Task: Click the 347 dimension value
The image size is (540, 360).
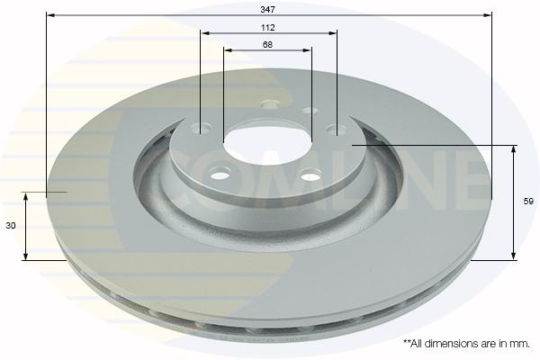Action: (267, 10)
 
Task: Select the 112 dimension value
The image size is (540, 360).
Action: (267, 28)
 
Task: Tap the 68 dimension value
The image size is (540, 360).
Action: (267, 45)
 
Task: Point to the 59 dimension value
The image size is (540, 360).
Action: (528, 202)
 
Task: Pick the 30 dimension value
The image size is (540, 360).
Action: (11, 226)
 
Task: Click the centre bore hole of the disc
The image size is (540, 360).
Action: (267, 142)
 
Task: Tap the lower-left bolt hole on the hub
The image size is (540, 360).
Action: (220, 174)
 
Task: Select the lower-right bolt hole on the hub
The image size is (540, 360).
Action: (311, 175)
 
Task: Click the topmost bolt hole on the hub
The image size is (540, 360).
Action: (270, 103)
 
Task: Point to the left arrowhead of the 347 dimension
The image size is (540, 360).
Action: (51, 15)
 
